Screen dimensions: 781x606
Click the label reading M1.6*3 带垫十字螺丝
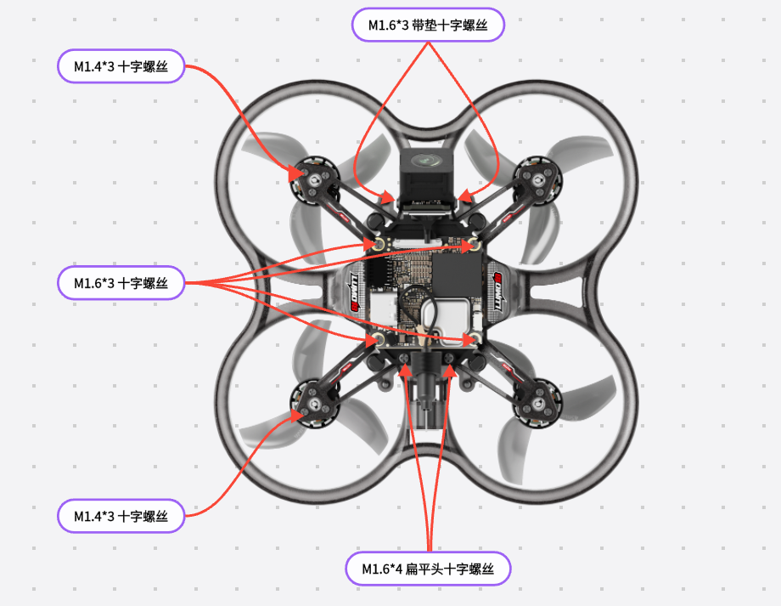(428, 25)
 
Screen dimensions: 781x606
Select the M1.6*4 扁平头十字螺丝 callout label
(428, 569)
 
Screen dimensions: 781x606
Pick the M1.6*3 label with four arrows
(121, 283)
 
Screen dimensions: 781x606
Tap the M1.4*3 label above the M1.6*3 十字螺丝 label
(121, 66)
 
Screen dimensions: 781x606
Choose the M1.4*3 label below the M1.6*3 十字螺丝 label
(121, 516)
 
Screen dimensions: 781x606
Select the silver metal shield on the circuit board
(445, 317)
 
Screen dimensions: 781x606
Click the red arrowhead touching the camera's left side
(386, 197)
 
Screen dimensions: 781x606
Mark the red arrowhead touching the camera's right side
(464, 196)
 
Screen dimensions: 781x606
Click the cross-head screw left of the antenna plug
(404, 358)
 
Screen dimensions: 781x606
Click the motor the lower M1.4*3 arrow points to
(314, 404)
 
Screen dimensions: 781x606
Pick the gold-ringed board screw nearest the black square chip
(474, 245)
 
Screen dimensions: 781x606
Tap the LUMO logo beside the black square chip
(497, 292)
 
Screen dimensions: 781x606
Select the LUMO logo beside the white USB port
(354, 292)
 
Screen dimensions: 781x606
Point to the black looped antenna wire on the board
(419, 309)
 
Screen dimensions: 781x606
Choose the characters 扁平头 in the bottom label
(424, 569)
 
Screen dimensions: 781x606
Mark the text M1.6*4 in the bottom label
(381, 569)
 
